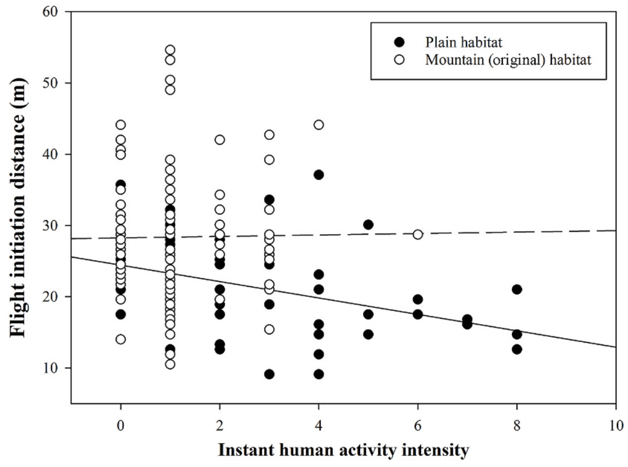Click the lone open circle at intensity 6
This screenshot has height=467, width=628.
pos(418,234)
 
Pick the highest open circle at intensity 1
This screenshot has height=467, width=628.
pos(170,50)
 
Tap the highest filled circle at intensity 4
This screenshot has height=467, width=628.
pos(318,174)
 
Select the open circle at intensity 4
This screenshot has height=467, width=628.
pos(318,124)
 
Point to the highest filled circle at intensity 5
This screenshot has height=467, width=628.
pos(368,224)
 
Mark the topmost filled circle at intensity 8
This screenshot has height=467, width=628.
pos(517,289)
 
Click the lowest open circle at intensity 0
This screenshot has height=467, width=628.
pos(120,339)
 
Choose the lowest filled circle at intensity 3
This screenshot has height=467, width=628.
pos(269,374)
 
